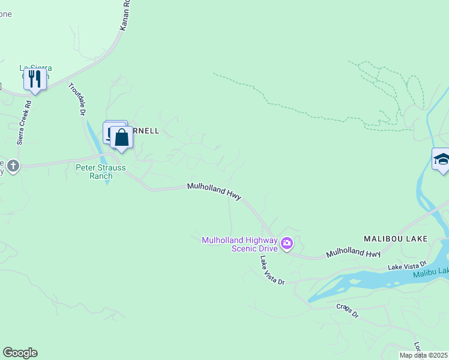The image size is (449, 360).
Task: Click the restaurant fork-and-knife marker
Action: [35, 79]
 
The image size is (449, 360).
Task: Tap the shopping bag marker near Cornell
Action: [121, 138]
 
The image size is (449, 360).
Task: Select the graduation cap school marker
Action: [442, 160]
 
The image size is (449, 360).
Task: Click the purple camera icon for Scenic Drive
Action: [287, 243]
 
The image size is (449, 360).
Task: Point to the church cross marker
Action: [13, 166]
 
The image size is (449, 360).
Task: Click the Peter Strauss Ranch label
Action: [101, 172]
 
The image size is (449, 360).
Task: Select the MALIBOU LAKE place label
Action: [396, 239]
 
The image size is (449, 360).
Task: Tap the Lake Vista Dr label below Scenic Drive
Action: [271, 270]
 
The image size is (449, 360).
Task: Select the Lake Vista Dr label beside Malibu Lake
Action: [406, 265]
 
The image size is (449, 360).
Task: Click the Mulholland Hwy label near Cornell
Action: [214, 191]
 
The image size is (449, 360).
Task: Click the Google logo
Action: [20, 353]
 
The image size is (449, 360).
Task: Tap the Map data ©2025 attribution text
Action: [423, 355]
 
